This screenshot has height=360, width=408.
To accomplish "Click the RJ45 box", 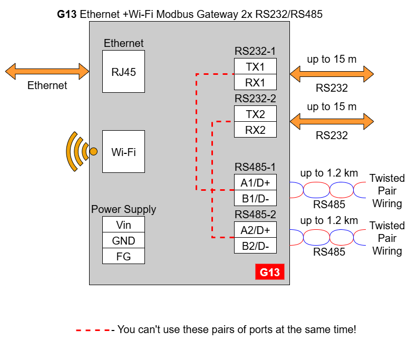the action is tap(123, 72).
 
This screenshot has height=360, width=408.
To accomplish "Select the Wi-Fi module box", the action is tap(123, 151).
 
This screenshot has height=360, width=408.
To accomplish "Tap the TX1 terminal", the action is tap(255, 66).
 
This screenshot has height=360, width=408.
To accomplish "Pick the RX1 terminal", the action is tap(255, 82).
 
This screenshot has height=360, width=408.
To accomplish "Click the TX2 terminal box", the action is tap(255, 114).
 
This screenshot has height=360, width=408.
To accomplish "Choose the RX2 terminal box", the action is tap(255, 130).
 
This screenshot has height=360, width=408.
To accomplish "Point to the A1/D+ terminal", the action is tap(255, 182).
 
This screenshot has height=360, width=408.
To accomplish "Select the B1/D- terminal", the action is tap(255, 198).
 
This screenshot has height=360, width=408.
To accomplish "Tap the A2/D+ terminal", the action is tap(255, 229).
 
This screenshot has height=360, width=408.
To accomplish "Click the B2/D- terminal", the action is tap(255, 246).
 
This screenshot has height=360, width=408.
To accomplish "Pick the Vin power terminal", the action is tap(123, 224).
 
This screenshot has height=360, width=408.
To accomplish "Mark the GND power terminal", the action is tap(123, 240).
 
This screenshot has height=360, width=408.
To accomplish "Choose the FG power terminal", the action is tap(123, 256).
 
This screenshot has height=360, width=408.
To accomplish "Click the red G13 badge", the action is tap(270, 272).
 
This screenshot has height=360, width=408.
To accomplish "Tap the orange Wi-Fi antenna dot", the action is tap(93, 151).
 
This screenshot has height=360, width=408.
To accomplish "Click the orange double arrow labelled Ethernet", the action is tap(47, 71).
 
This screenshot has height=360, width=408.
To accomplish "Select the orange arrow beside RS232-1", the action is tap(332, 74).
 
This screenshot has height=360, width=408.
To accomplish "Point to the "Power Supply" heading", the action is tap(123, 209).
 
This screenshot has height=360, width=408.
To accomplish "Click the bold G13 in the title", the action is tap(67, 14).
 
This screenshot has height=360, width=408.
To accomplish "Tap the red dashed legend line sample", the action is tap(93, 330).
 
